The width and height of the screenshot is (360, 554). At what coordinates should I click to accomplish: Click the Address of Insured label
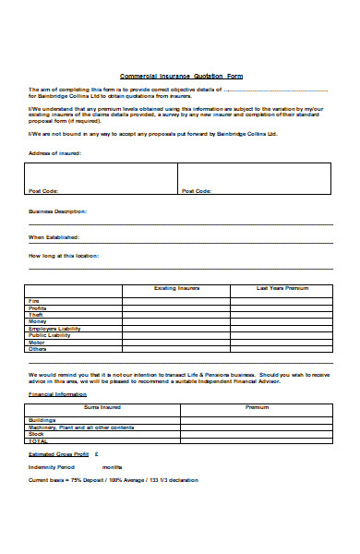tap(54, 153)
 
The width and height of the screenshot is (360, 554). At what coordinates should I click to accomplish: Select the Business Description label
tap(58, 211)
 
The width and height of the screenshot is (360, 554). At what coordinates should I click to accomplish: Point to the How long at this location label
tap(64, 255)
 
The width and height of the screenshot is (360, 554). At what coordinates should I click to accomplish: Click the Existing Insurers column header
tap(175, 288)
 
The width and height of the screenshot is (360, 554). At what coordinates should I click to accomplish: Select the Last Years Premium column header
tap(281, 288)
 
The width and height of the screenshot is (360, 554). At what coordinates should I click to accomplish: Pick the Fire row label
tap(34, 301)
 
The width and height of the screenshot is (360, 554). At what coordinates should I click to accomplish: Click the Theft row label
tap(36, 315)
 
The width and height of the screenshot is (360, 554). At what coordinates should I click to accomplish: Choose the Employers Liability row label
tap(55, 329)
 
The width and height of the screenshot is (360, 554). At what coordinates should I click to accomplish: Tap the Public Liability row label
tap(50, 335)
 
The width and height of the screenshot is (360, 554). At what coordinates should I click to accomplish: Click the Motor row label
tap(37, 343)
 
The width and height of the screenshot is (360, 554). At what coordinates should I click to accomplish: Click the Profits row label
tap(37, 307)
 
